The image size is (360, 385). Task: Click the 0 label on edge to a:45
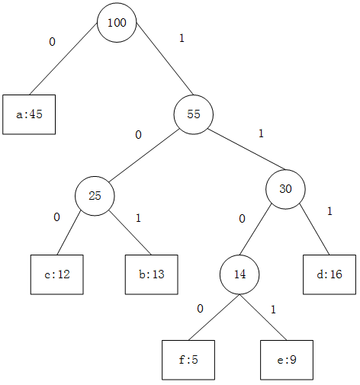(x=52, y=42)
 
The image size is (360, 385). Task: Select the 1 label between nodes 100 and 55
(x=182, y=38)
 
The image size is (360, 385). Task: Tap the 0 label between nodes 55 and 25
(x=138, y=135)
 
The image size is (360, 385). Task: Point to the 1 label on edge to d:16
(x=329, y=211)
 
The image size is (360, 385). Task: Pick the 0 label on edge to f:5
(x=200, y=309)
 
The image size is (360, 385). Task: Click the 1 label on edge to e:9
(x=273, y=310)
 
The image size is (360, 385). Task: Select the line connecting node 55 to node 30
(x=246, y=149)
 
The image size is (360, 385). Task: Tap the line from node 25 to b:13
(x=130, y=233)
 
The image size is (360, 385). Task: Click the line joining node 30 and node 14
(x=256, y=229)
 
